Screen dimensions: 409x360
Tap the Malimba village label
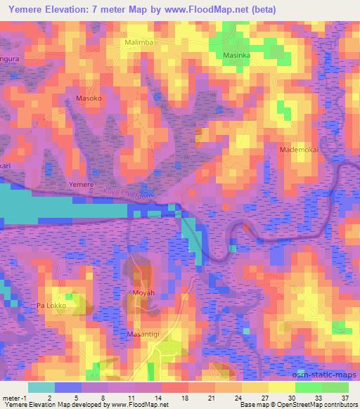click(138, 43)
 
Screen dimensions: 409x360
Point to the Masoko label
click(89, 98)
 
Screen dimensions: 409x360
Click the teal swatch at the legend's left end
click(41, 387)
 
